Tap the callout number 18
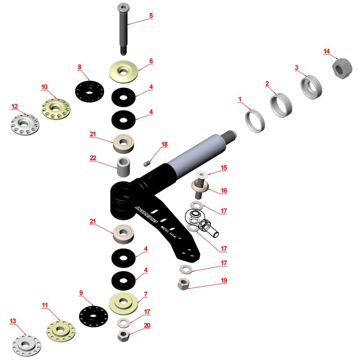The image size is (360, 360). [164, 144]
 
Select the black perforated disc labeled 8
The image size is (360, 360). [90, 92]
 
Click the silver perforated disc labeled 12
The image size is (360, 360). [25, 123]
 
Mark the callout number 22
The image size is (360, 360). [93, 158]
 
